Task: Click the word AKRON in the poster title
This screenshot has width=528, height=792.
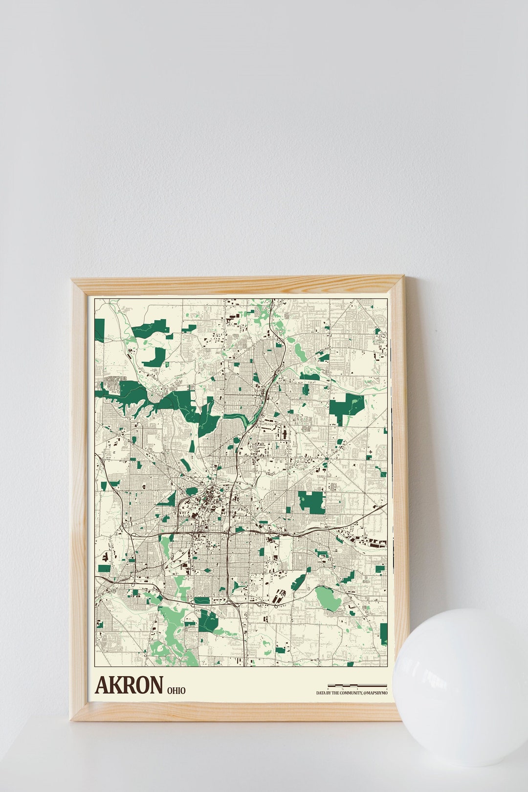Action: point(129,685)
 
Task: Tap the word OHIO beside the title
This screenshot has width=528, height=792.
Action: point(176,691)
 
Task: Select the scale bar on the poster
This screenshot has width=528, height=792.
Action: point(357,686)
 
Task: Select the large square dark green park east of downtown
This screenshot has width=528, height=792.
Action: point(311,502)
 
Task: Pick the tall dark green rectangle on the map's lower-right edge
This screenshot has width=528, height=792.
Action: point(383,634)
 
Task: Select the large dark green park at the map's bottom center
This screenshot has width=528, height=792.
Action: point(209,620)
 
